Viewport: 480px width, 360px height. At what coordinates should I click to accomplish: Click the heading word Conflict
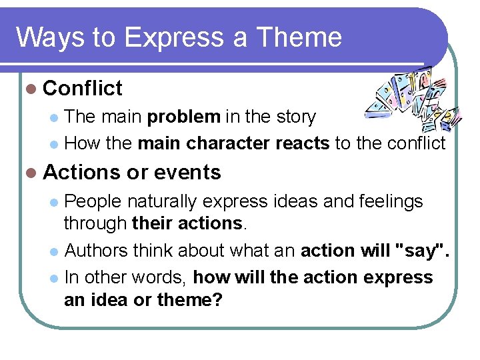tap(83, 88)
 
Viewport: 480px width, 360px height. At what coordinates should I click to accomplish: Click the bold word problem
tap(183, 117)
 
